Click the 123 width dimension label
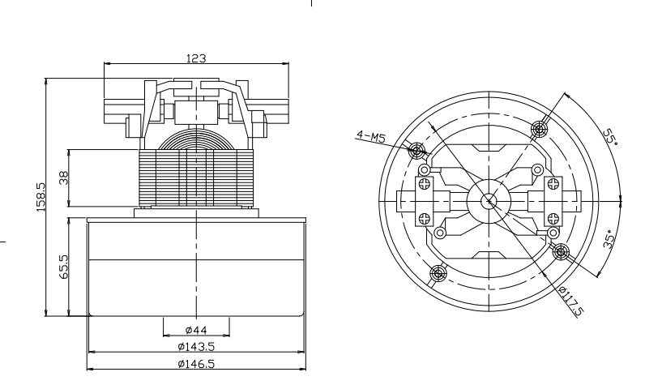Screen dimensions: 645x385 coord(196,58)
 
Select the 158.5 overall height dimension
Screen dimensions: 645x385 coord(41,197)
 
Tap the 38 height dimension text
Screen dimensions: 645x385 coord(64,178)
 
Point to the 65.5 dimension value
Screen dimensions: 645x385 coord(64,267)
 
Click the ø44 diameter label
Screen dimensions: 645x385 coord(196,330)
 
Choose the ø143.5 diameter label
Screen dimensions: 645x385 coord(196,347)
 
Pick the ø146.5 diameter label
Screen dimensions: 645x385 coord(196,364)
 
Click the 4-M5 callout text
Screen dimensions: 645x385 coord(371,136)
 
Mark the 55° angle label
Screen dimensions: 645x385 coord(610,137)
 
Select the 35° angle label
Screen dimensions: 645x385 coord(610,239)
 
